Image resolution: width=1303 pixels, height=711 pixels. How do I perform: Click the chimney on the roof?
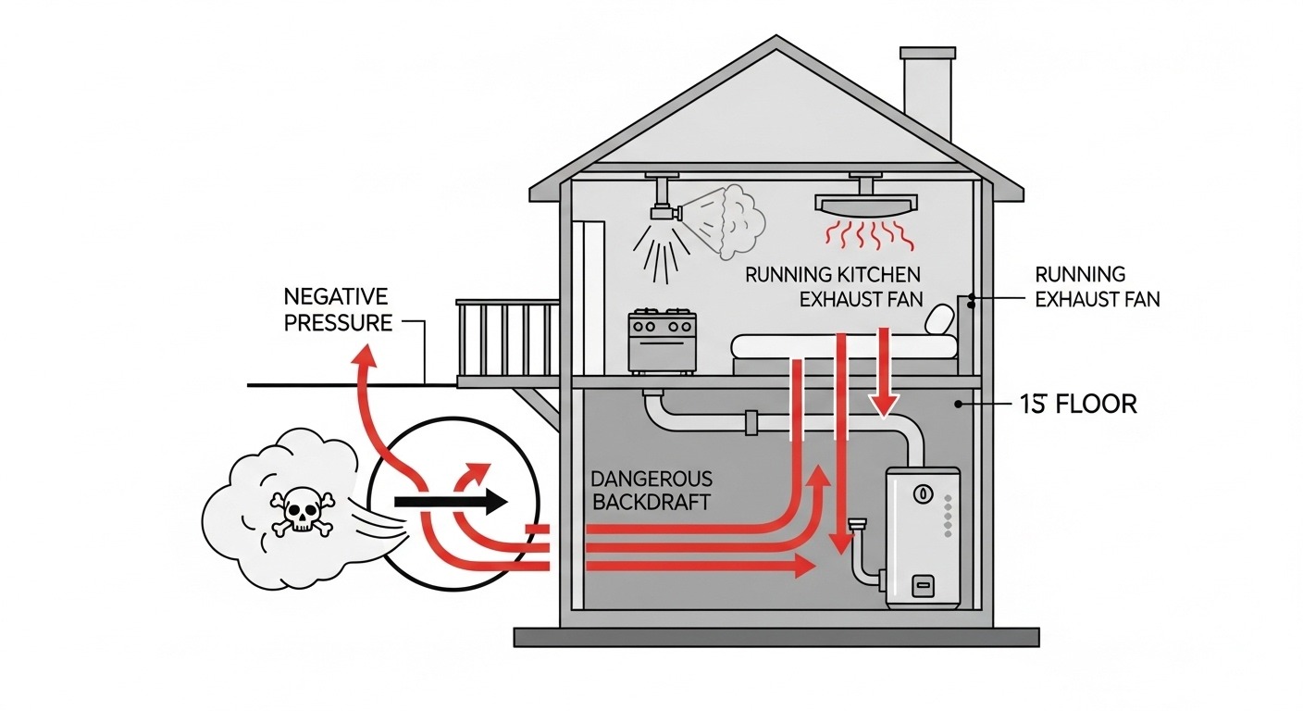927,93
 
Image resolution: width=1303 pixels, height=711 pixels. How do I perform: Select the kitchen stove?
662,343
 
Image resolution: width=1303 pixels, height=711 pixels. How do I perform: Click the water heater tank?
923,537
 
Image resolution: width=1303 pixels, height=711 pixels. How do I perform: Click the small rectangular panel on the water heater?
922,584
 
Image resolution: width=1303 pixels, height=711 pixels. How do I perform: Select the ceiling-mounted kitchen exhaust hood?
866,202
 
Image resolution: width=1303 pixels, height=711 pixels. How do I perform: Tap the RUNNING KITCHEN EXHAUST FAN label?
834,286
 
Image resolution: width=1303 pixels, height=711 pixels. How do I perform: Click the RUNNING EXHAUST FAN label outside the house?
1097,286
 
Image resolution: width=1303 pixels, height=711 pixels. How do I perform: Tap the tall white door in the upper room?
589,296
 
